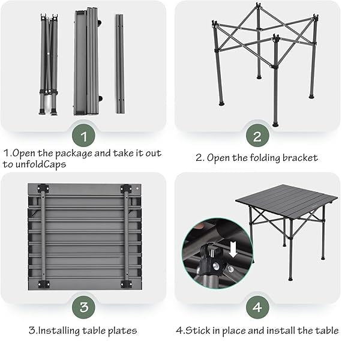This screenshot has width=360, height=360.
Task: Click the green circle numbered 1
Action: (x=83, y=136)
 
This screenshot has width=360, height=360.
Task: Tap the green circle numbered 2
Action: (x=257, y=136)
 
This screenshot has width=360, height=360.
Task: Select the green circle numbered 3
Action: (x=83, y=307)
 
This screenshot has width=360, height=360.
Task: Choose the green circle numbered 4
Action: (x=257, y=307)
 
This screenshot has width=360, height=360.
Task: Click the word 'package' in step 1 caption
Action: (x=74, y=154)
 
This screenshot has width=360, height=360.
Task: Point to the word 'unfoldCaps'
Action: (x=41, y=164)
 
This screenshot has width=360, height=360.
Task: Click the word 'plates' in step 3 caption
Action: (x=122, y=331)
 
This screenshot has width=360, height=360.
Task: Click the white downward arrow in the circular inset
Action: (x=233, y=250)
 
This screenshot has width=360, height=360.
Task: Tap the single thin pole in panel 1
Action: (x=120, y=64)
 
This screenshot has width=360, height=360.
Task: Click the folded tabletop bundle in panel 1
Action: (x=88, y=61)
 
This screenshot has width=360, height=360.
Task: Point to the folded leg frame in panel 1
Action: (x=49, y=64)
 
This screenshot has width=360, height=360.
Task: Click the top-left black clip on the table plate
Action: (x=43, y=188)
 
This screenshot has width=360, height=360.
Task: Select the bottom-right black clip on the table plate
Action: (x=126, y=284)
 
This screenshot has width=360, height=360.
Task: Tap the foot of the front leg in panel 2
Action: (x=275, y=125)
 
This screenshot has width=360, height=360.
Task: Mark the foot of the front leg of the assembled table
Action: (x=290, y=279)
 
